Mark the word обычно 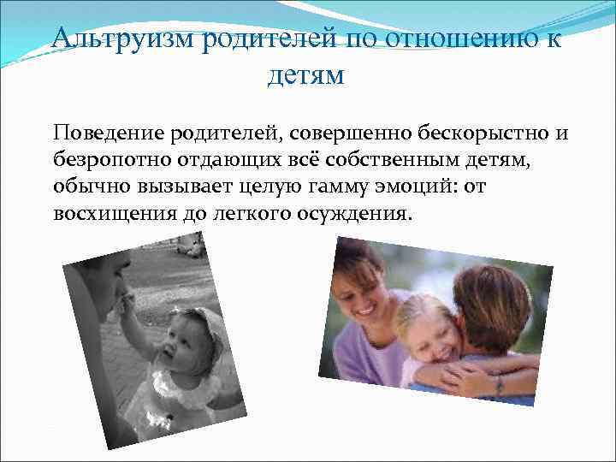point(88,187)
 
